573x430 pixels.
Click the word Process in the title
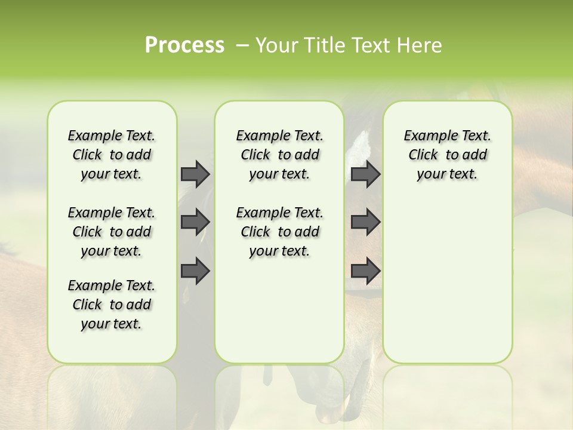coord(184,45)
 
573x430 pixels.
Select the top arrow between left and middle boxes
coord(195,174)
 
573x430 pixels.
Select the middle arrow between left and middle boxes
coord(195,222)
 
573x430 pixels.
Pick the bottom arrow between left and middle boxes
coord(195,271)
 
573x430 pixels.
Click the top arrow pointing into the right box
coord(365,174)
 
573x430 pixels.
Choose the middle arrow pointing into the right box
coord(365,222)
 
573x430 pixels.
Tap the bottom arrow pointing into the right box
coord(365,271)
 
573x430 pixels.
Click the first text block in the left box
coord(112,155)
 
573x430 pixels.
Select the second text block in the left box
coord(112,232)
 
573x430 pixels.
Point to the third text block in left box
coord(112,305)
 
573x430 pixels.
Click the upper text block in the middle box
coord(279,155)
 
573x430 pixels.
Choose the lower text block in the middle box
coord(279,232)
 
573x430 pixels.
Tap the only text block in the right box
coord(447,155)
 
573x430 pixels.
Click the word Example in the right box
coord(426,136)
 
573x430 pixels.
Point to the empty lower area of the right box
coord(447,287)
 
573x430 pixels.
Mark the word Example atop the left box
coord(90,136)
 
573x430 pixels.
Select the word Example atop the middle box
coord(258,136)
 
